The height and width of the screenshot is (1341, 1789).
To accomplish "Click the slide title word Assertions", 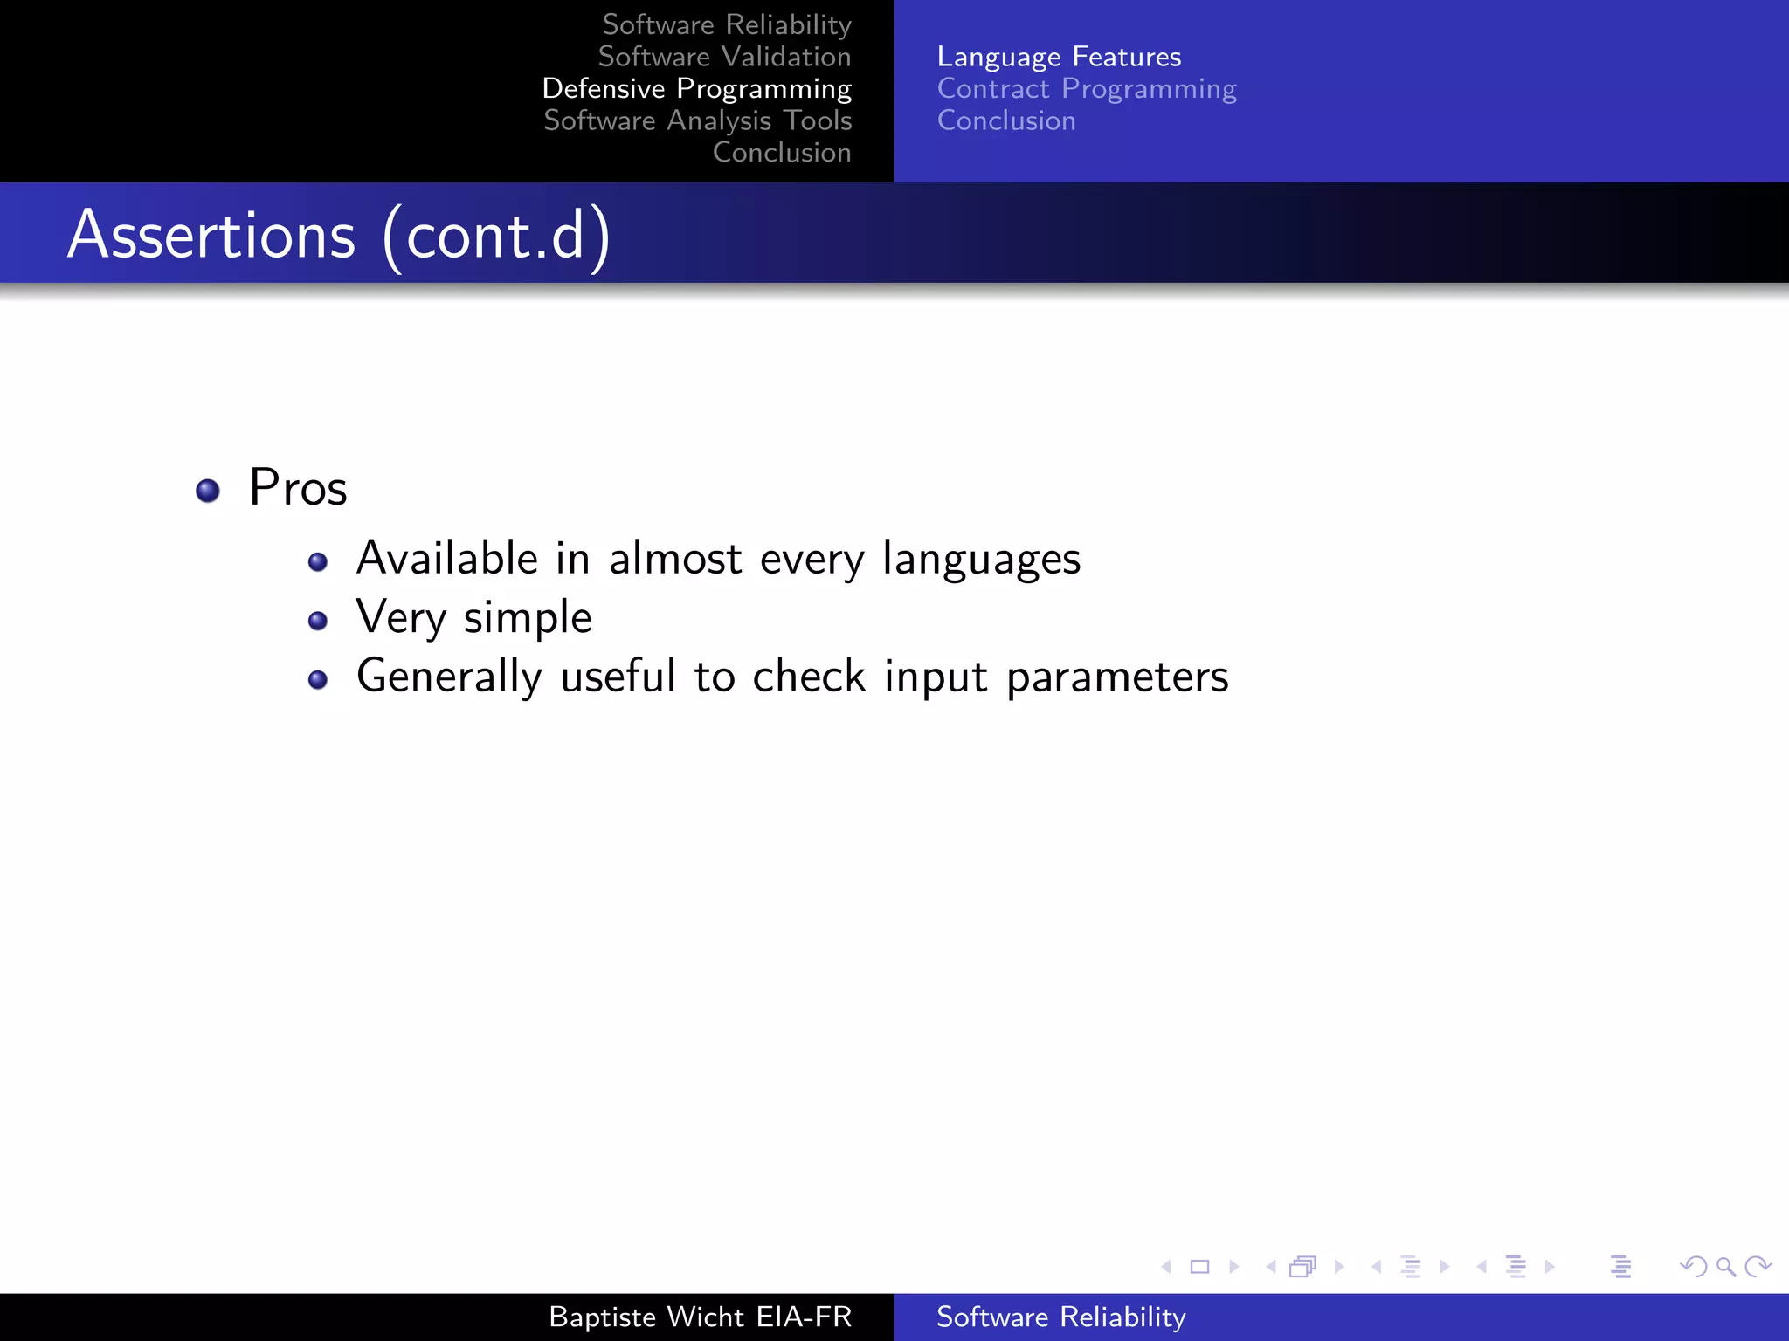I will [211, 236].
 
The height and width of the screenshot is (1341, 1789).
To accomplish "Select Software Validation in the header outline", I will [724, 57].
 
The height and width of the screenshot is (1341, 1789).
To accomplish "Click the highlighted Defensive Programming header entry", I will [696, 89].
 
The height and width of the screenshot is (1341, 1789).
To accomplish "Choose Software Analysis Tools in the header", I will [697, 120].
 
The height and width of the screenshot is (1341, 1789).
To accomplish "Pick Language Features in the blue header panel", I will [1059, 57].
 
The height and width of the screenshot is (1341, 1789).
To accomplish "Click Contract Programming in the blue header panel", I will [1087, 89].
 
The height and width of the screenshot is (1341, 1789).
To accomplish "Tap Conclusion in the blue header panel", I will [1006, 120].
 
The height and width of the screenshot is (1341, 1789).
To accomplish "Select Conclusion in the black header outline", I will [781, 153].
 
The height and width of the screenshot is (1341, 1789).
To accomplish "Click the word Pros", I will [298, 487].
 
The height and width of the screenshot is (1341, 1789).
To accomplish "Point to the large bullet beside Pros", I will [208, 491].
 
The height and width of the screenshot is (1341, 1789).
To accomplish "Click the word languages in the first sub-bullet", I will [981, 559].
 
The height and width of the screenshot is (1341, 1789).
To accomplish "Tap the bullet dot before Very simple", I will [318, 621].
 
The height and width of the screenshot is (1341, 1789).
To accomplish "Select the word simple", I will [528, 618].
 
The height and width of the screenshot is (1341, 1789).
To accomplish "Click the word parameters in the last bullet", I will [1117, 677].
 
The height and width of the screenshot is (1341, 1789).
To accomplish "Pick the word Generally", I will [449, 677].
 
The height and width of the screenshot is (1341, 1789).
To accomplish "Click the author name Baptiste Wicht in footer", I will [646, 1317].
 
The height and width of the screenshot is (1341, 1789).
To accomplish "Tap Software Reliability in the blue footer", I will [1060, 1317].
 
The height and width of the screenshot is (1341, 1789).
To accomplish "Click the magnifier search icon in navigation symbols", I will [1725, 1266].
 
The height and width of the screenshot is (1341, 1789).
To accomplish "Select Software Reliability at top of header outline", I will [726, 24].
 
